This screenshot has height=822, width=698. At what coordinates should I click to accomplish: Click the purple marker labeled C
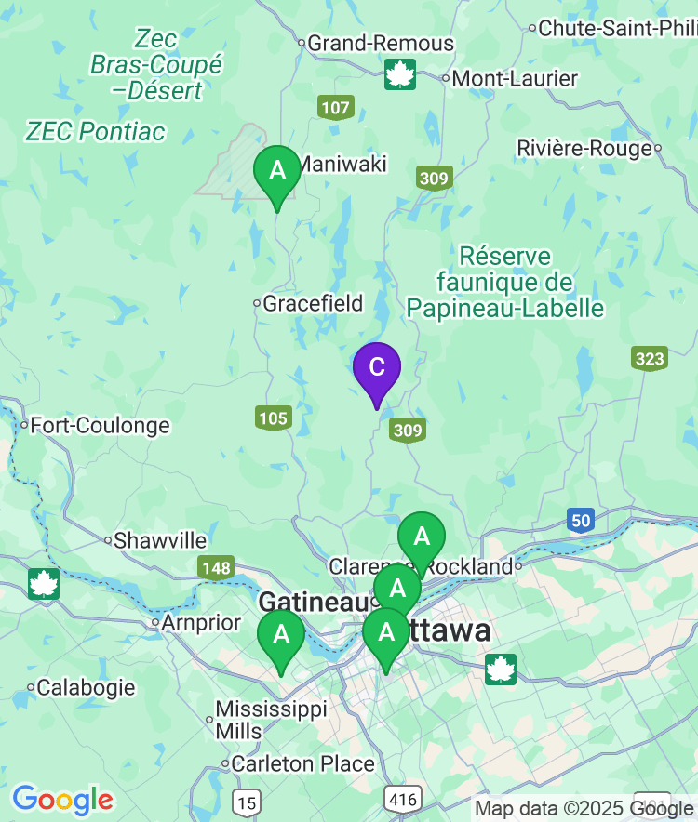377,368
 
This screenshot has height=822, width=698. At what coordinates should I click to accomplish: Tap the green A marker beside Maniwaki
277,171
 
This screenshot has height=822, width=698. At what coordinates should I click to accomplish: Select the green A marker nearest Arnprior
281,635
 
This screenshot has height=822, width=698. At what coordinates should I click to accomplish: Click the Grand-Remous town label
380,43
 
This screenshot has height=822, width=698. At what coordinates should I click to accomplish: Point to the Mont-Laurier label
514,79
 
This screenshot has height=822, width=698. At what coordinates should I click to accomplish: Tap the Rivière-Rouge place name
584,149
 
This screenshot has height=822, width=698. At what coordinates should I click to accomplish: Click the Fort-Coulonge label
99,426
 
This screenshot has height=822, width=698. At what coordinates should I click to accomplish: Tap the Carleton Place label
302,764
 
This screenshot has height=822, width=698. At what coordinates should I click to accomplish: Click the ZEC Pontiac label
96,132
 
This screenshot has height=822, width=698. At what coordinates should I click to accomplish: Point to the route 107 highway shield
335,107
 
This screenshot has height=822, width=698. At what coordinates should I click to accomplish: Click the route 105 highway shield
273,418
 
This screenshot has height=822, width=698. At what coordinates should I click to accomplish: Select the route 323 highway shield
649,358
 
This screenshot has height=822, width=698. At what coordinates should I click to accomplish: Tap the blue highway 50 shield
581,521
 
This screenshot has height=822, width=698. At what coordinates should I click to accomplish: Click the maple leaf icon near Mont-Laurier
400,74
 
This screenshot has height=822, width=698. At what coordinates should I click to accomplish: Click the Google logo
62,799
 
